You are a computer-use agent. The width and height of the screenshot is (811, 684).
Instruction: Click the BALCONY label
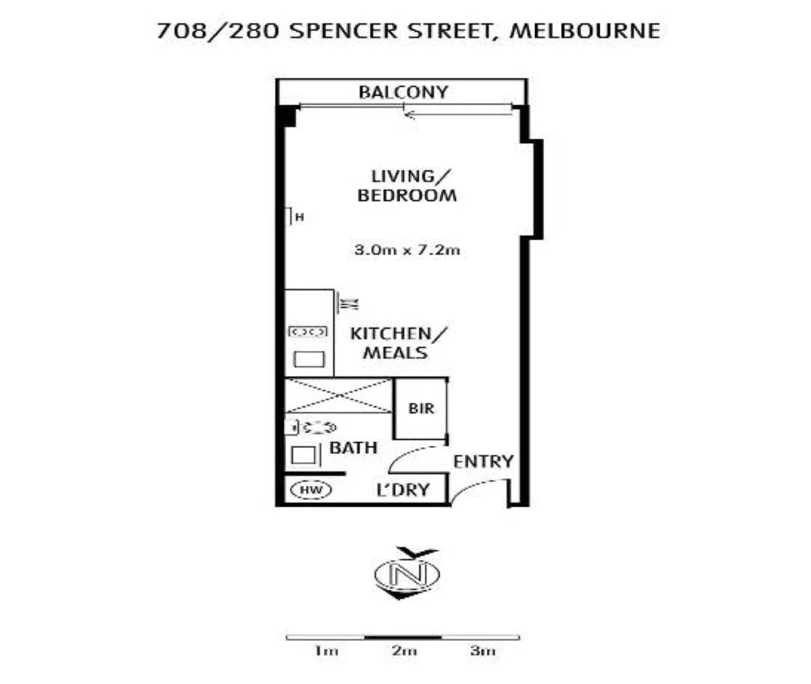(403, 92)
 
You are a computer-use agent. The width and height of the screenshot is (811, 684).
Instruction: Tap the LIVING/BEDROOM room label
(407, 186)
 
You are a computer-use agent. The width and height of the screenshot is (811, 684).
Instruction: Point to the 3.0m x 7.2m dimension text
(407, 250)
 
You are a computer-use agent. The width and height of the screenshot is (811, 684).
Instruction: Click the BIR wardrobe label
(421, 408)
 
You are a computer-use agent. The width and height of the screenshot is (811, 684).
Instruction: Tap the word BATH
(353, 448)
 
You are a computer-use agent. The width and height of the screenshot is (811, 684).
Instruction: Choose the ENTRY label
(482, 461)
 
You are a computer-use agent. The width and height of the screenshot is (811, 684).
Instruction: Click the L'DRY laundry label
(403, 490)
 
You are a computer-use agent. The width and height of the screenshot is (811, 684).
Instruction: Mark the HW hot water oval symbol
(311, 490)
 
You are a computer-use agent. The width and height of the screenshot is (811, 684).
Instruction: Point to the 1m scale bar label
(326, 651)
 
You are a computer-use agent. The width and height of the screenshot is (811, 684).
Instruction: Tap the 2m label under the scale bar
(404, 651)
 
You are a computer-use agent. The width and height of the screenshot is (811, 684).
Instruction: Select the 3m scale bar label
(482, 651)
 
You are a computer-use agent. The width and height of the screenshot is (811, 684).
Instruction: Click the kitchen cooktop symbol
(308, 331)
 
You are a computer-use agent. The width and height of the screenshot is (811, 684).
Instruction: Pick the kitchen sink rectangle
(309, 360)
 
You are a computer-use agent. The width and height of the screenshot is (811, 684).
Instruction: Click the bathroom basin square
(304, 455)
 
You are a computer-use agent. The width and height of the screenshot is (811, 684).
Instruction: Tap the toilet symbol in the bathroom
(313, 428)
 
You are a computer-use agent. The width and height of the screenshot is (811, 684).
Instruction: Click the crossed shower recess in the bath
(339, 396)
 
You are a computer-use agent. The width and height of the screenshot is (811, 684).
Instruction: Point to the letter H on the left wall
(300, 217)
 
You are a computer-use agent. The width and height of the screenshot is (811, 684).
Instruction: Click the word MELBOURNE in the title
(584, 30)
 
